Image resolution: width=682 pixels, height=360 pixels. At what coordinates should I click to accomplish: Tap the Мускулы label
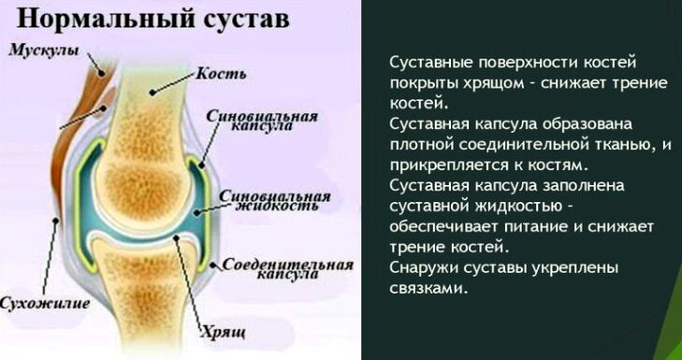[x=44, y=50]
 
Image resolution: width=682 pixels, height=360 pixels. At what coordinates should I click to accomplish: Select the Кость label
[x=221, y=74]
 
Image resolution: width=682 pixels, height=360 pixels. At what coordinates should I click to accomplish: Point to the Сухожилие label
[x=44, y=302]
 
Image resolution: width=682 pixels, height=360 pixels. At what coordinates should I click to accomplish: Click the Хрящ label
[x=223, y=333]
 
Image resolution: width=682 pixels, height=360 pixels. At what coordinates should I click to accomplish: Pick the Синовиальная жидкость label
[x=275, y=200]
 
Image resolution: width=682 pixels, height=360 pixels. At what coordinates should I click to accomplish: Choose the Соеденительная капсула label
[x=288, y=269]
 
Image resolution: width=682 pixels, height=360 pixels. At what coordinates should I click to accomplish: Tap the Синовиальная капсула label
[x=262, y=121]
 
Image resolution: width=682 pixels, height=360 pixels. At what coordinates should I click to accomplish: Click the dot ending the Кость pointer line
[x=152, y=93]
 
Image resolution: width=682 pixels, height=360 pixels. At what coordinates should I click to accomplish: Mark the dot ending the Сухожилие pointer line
[x=56, y=221]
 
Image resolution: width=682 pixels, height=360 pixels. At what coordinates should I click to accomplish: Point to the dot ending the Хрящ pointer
[x=176, y=238]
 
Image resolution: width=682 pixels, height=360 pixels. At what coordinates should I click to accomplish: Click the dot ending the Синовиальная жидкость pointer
[x=196, y=212]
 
